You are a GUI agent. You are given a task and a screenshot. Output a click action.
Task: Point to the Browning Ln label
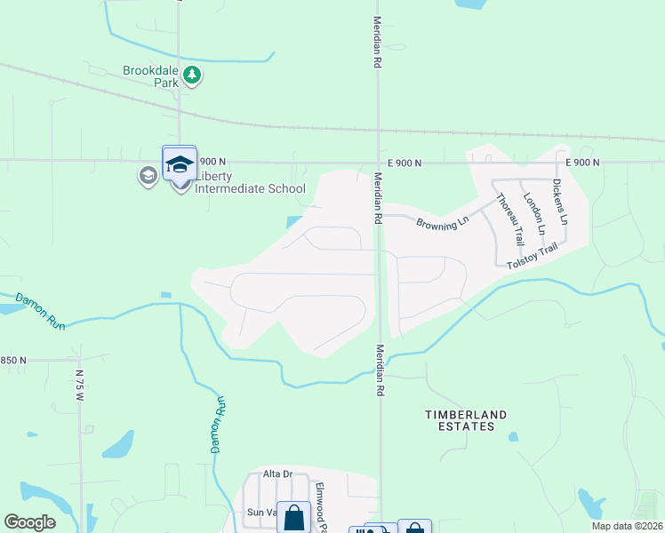[442, 221]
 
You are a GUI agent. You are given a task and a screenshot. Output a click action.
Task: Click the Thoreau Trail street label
[509, 219]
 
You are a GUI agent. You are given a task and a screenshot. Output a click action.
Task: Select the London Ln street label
[533, 213]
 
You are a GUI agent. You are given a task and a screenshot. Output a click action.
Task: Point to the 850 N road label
[13, 360]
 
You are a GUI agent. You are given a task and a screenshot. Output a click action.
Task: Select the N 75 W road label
[79, 391]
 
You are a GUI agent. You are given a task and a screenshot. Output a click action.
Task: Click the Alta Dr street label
[277, 473]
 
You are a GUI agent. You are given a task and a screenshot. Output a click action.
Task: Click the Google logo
[30, 522]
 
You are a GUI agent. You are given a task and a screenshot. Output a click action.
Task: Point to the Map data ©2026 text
[626, 526]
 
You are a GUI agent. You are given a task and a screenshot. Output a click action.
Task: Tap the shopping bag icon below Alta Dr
[295, 516]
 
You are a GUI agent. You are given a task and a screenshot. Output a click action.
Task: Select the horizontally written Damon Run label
[39, 314]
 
